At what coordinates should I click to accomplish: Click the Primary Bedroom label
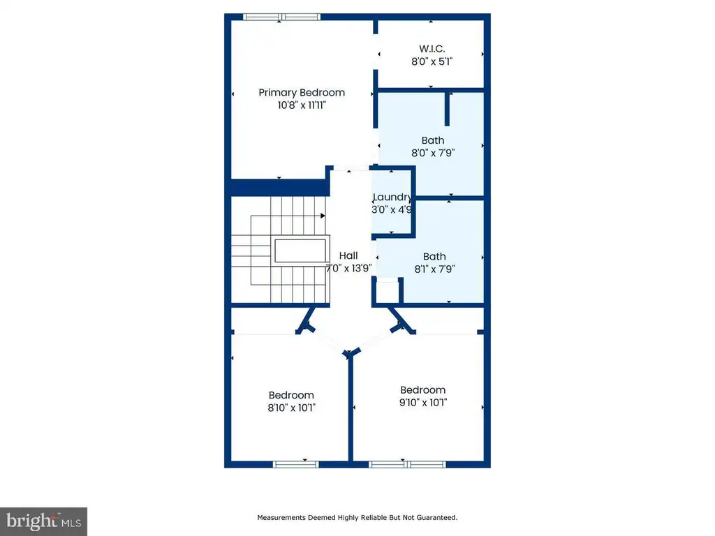coord(302,93)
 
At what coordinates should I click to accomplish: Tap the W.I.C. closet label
coord(432,49)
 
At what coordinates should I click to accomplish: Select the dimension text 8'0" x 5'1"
coord(432,61)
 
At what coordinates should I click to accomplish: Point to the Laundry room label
coord(392,197)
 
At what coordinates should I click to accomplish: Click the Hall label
coord(348,255)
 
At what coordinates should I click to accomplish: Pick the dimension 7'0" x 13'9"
coord(349,268)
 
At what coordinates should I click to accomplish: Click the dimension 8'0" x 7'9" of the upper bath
coord(433,153)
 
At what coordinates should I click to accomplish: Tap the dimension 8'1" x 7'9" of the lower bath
coord(434,269)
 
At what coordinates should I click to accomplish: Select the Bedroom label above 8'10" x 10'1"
coord(291,395)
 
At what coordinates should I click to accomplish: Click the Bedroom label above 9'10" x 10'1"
coord(422,390)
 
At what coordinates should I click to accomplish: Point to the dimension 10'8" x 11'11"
coord(302,105)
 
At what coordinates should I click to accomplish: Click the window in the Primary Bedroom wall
coord(281,17)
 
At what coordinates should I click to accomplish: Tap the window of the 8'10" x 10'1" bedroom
coord(295,464)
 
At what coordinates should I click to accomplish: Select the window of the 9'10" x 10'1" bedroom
coord(407,464)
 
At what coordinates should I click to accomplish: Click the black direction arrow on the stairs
coord(323,216)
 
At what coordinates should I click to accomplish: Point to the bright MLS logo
coord(43,521)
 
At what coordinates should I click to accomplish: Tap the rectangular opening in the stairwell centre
coord(300,251)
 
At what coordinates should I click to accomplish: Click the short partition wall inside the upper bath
coord(448,108)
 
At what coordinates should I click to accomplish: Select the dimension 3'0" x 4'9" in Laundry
coord(392,209)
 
